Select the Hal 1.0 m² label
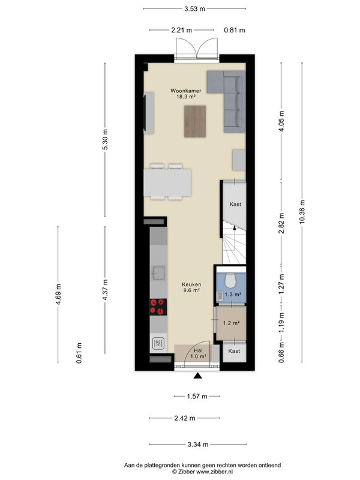click(x=198, y=353)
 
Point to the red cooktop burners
click(x=158, y=307)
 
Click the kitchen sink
click(x=159, y=273)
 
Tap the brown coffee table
click(x=195, y=121)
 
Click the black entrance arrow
click(x=198, y=376)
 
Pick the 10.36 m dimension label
click(x=302, y=212)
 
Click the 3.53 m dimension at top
click(x=194, y=9)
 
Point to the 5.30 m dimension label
click(x=106, y=139)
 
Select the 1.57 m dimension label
click(x=197, y=397)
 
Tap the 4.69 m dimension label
click(x=58, y=294)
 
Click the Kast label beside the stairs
click(x=235, y=204)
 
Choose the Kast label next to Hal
click(x=234, y=351)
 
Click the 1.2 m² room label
click(x=231, y=323)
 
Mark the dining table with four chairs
click(x=167, y=182)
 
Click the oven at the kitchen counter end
click(x=159, y=344)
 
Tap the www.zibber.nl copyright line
click(x=202, y=472)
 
